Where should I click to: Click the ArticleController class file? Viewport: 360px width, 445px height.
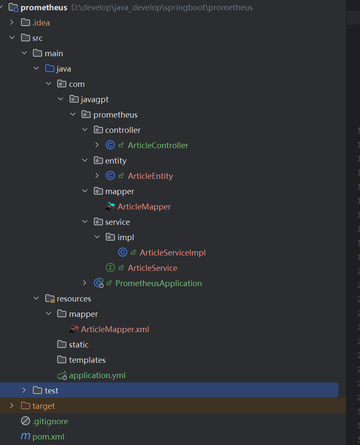pyautogui.click(x=158, y=145)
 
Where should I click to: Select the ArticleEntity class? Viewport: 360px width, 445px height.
pyautogui.click(x=150, y=176)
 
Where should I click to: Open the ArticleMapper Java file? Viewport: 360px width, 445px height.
pyautogui.click(x=144, y=207)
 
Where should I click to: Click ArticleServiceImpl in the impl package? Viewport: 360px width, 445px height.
pyautogui.click(x=173, y=253)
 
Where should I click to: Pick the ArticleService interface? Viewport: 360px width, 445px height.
pyautogui.click(x=152, y=268)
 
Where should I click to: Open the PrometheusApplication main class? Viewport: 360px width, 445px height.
pyautogui.click(x=158, y=283)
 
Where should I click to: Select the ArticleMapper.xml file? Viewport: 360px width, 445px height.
pyautogui.click(x=115, y=329)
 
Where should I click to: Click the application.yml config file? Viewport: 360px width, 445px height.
pyautogui.click(x=97, y=375)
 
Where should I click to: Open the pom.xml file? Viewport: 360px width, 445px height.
pyautogui.click(x=48, y=436)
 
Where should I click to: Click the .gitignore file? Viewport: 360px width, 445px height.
pyautogui.click(x=50, y=421)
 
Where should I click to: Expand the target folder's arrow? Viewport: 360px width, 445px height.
pyautogui.click(x=12, y=405)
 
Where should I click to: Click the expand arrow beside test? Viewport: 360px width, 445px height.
pyautogui.click(x=24, y=390)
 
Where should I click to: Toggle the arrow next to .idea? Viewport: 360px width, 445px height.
pyautogui.click(x=12, y=23)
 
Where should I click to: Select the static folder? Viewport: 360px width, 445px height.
pyautogui.click(x=78, y=345)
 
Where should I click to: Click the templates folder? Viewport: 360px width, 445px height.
pyautogui.click(x=87, y=360)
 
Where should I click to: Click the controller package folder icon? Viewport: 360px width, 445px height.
pyautogui.click(x=98, y=130)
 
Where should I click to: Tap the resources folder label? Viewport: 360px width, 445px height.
pyautogui.click(x=74, y=299)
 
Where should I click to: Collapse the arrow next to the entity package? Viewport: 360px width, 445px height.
pyautogui.click(x=85, y=161)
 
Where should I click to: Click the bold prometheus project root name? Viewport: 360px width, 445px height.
pyautogui.click(x=43, y=8)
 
